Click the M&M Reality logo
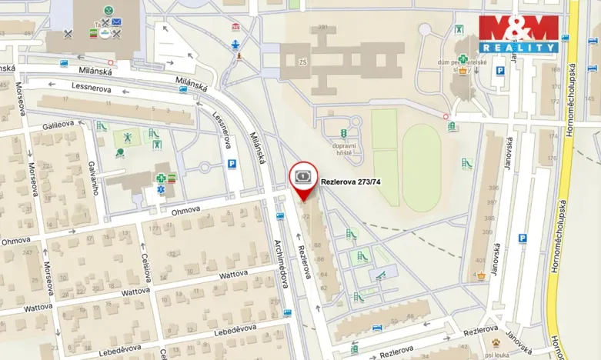tap(519, 34)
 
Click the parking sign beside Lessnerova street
tap(232, 163)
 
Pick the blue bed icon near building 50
tap(377, 328)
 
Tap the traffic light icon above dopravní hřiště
tap(343, 134)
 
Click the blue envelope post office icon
tap(116, 22)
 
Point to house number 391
tap(323, 27)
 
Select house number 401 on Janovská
tap(480, 261)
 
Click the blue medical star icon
tap(161, 187)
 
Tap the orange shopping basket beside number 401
tap(481, 275)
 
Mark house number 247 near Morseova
tap(26, 252)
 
